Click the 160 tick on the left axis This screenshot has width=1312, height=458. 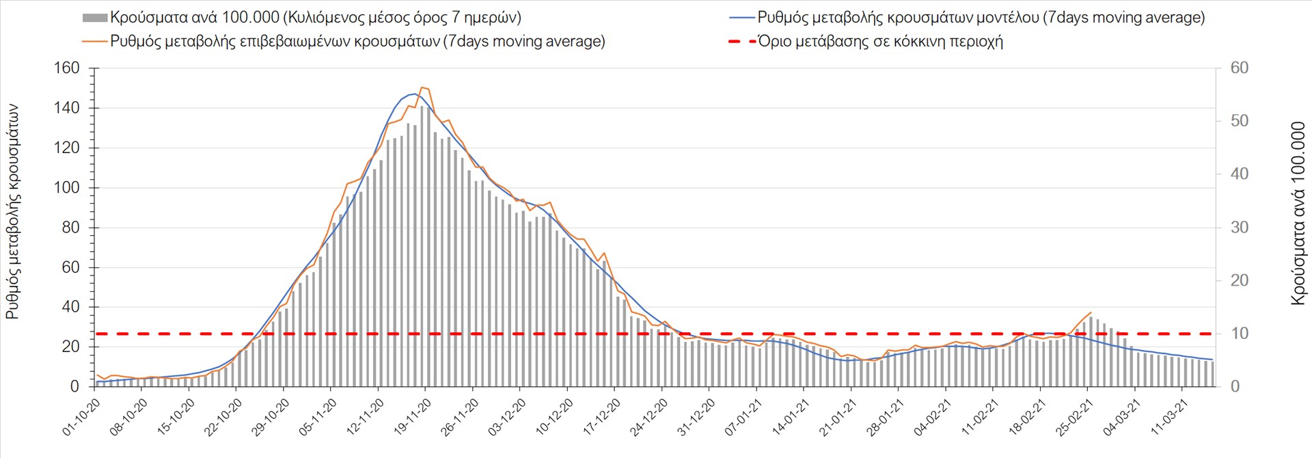pos(66,68)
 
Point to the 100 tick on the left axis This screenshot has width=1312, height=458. pos(66,188)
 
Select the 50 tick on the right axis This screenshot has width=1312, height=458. pos(1239,121)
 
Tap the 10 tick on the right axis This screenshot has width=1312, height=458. pos(1239,334)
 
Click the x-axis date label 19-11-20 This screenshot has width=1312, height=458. pos(413,417)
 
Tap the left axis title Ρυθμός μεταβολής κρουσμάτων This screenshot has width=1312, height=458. pos(13,212)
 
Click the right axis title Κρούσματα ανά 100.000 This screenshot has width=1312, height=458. pos(1298,213)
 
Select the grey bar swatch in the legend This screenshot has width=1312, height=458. pos(94,18)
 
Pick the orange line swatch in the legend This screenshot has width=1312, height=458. pos(94,41)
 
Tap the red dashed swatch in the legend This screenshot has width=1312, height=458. pos(742,41)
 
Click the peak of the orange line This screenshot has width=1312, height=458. pos(422,87)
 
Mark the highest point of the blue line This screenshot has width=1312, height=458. pos(413,94)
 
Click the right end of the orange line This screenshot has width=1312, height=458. pos(1091,312)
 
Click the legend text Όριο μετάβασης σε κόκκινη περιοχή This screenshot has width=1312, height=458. pos(881,41)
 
